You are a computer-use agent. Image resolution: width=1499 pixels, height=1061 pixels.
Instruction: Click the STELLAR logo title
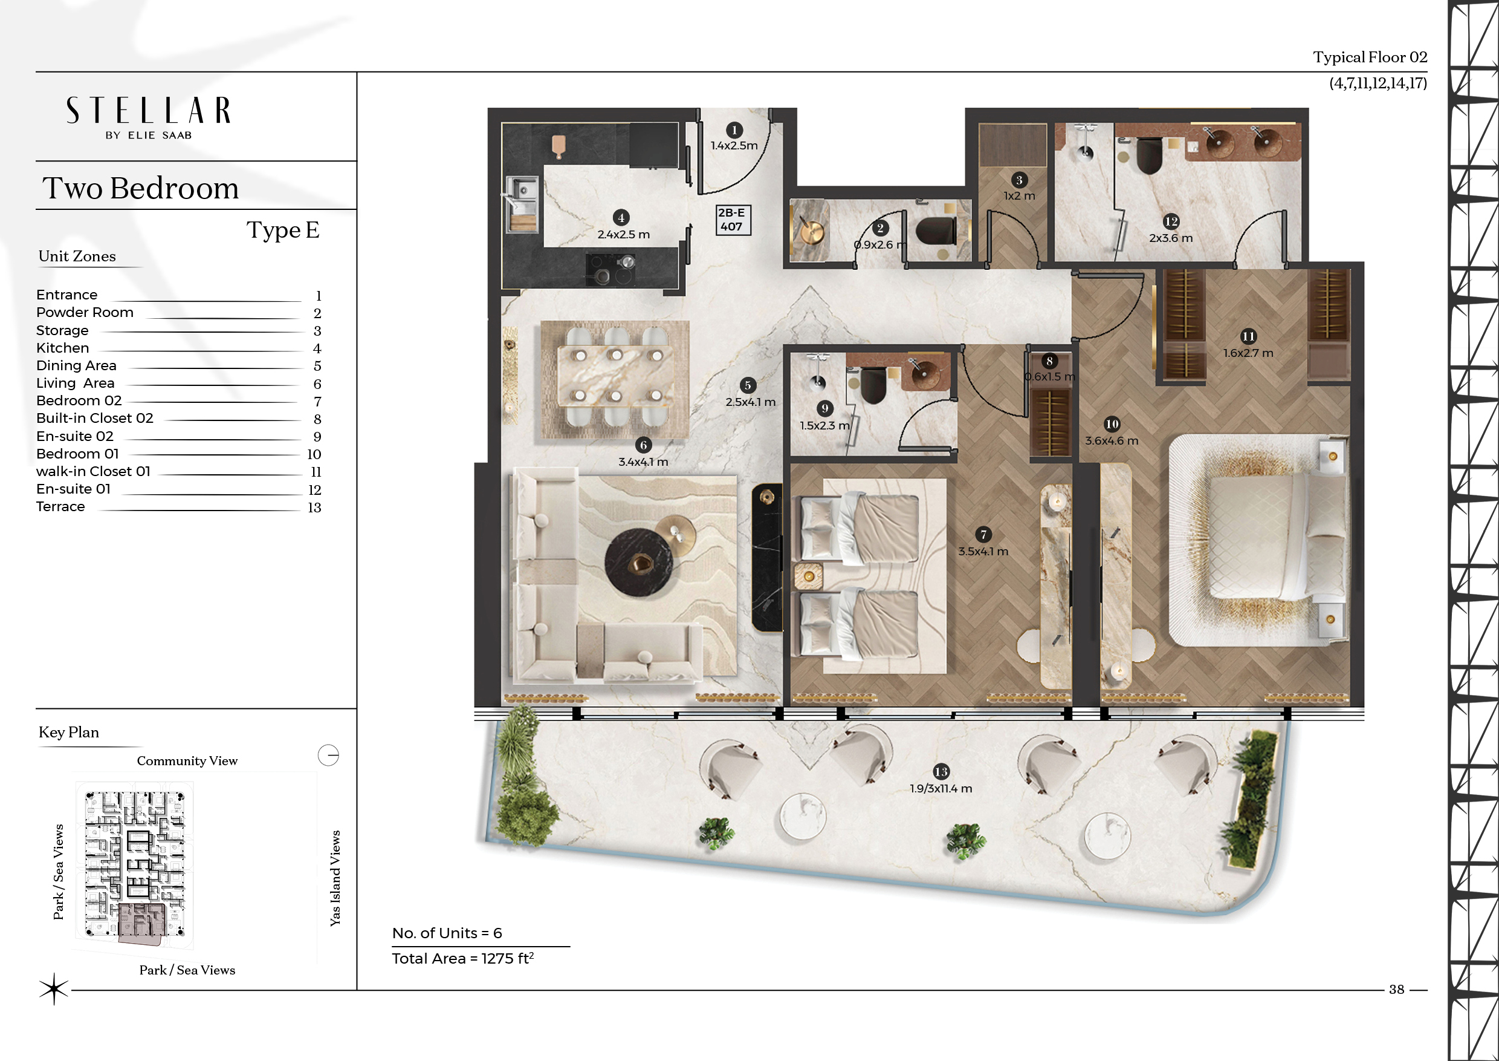point(148,111)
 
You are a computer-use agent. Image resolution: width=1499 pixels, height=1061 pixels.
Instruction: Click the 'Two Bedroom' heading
point(140,188)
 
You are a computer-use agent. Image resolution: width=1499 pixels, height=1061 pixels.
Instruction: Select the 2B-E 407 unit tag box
point(733,220)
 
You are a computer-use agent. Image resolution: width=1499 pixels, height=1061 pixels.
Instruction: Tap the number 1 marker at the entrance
point(734,130)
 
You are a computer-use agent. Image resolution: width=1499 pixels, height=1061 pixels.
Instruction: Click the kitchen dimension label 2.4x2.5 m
point(624,235)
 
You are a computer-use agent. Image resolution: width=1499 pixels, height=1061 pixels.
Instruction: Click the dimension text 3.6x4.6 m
point(1111,441)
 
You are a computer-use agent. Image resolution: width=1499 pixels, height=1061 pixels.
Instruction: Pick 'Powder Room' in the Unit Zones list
point(85,312)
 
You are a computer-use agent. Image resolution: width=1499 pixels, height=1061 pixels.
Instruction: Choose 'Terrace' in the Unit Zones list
point(60,506)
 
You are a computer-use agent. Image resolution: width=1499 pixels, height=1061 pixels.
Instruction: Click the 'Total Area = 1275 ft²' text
point(463,958)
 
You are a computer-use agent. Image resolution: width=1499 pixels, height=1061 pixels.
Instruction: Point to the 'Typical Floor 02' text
point(1370,57)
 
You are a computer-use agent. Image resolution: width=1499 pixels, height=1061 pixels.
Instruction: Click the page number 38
point(1396,989)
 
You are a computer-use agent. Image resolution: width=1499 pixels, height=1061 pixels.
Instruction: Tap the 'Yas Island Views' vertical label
point(335,878)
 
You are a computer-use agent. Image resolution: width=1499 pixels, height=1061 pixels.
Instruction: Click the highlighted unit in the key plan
point(140,924)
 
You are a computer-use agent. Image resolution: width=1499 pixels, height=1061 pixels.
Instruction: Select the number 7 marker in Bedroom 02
point(983,534)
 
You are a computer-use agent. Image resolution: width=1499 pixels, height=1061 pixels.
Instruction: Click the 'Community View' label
point(187,760)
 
